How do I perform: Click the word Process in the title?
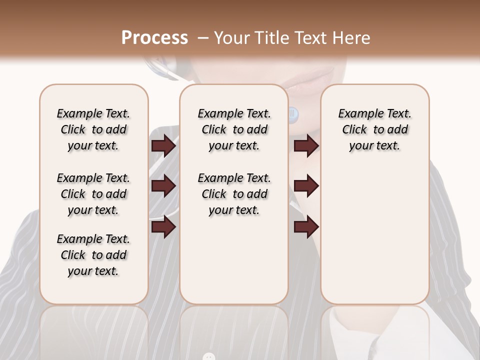click(154, 38)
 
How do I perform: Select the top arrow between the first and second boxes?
click(163, 146)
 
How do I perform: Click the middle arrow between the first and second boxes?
click(163, 186)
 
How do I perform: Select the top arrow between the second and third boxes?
click(306, 146)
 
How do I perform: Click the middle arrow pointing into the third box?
click(306, 186)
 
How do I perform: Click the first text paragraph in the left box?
click(93, 129)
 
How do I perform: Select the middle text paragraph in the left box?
click(93, 194)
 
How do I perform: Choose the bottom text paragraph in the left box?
click(93, 255)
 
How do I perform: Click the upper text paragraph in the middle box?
click(234, 129)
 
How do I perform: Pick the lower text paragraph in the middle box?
click(234, 194)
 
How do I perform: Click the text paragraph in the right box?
click(374, 129)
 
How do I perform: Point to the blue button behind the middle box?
click(293, 114)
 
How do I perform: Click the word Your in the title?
click(232, 38)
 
